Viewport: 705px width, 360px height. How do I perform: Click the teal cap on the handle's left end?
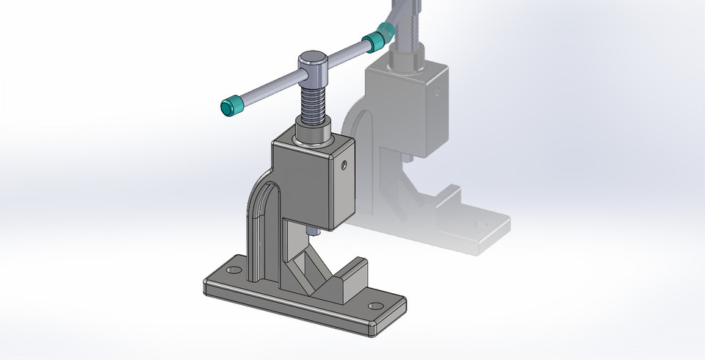(x=233, y=107)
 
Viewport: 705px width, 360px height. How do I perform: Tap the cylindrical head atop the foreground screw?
(x=312, y=67)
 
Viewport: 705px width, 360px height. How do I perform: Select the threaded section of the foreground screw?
(x=313, y=103)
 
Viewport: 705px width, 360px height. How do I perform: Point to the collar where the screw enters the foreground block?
(x=314, y=134)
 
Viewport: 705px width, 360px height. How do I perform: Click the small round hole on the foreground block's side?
(x=342, y=167)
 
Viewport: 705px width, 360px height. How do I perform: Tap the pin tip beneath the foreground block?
(x=313, y=231)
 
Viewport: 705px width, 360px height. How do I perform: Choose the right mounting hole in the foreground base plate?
(x=375, y=305)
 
